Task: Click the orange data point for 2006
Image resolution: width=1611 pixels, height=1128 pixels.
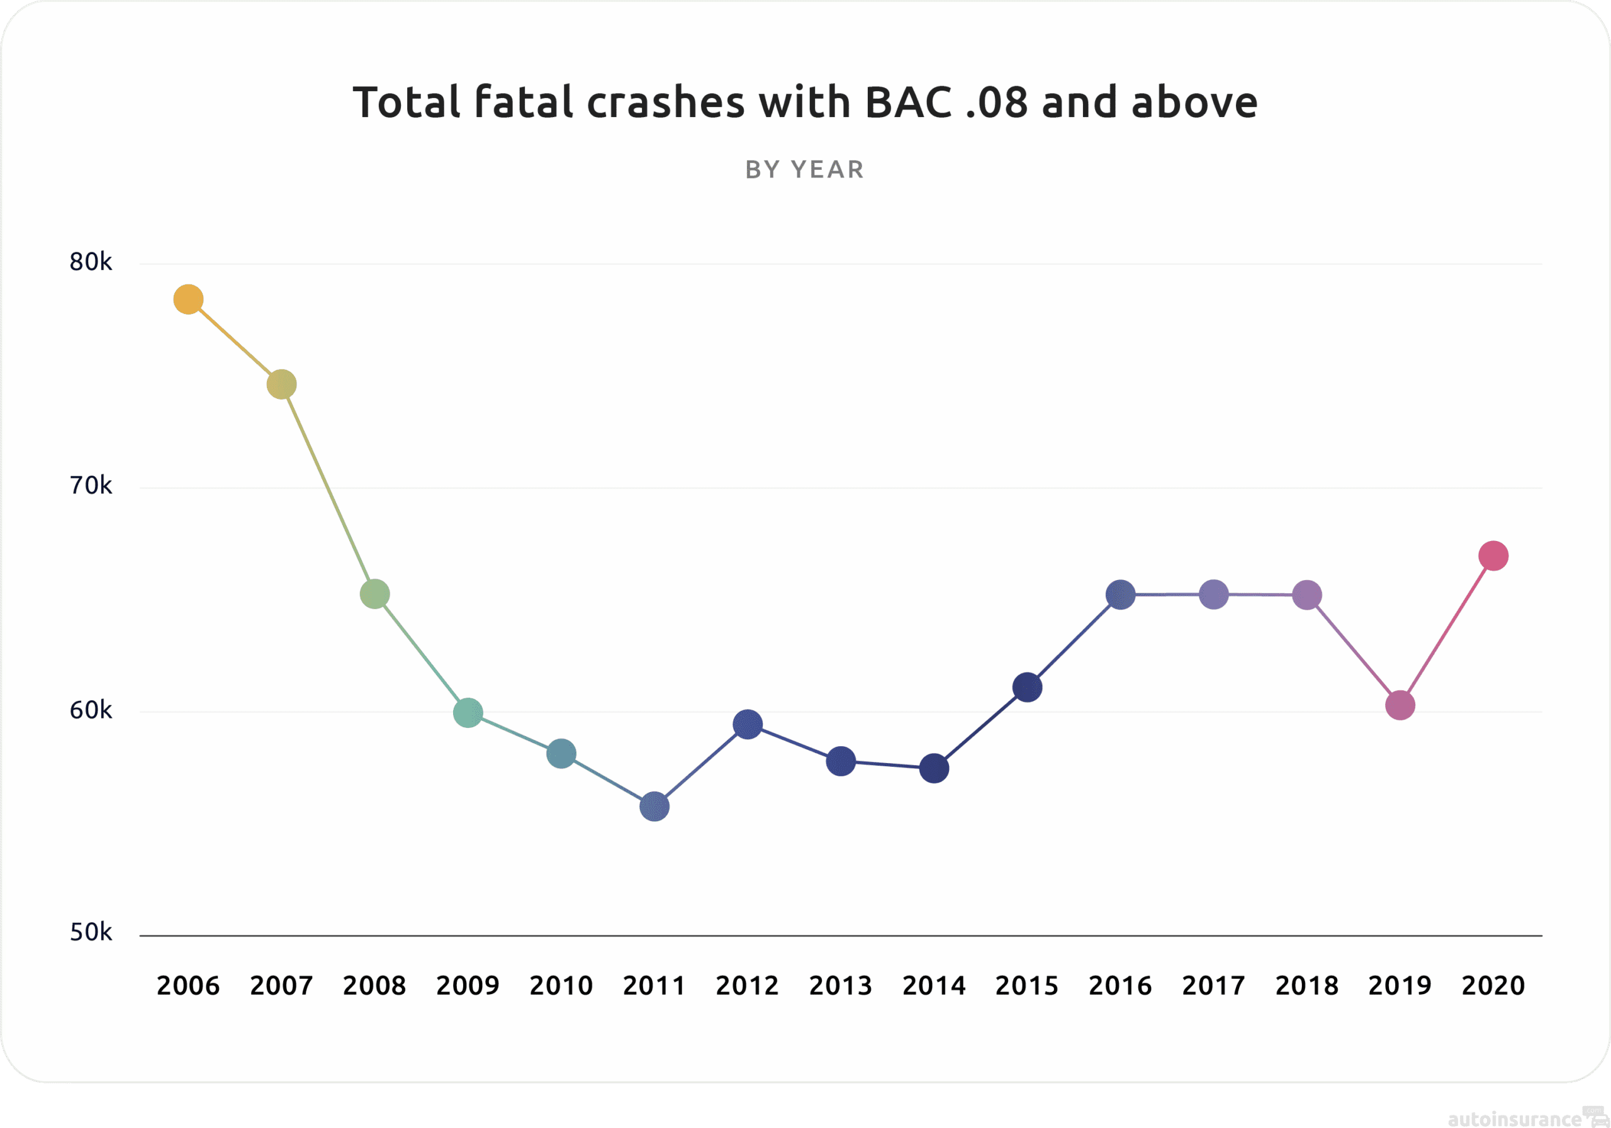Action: (x=188, y=299)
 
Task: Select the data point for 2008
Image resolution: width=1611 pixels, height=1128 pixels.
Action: (x=374, y=594)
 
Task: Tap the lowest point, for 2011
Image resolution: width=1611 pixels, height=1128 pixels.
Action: (x=654, y=807)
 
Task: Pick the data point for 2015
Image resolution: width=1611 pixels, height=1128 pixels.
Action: (x=1027, y=688)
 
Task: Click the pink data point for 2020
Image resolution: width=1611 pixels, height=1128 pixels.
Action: (x=1493, y=556)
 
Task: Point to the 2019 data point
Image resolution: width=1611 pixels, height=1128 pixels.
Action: (x=1400, y=705)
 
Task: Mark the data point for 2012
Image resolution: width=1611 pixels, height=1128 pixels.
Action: (x=747, y=724)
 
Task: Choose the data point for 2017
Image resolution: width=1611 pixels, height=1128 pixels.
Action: (x=1214, y=594)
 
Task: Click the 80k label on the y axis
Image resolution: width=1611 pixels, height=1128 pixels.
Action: (x=91, y=262)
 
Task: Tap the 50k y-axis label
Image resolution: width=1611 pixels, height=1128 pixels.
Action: (x=91, y=932)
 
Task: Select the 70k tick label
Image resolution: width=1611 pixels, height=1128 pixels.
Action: (x=91, y=486)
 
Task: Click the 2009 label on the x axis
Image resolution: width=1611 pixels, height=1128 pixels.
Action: (x=468, y=986)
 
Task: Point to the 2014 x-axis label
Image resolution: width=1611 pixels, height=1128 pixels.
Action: (x=934, y=986)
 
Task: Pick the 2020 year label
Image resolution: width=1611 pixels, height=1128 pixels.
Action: (x=1493, y=986)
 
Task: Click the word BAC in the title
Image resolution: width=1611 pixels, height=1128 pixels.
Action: (x=909, y=103)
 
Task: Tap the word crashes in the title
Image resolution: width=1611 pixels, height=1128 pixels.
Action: (x=665, y=103)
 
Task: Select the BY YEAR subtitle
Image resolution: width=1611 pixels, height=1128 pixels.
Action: (x=805, y=170)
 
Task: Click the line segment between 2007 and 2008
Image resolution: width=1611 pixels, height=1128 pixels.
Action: (x=328, y=489)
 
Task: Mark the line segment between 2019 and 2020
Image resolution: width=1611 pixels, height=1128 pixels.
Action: (x=1447, y=630)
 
